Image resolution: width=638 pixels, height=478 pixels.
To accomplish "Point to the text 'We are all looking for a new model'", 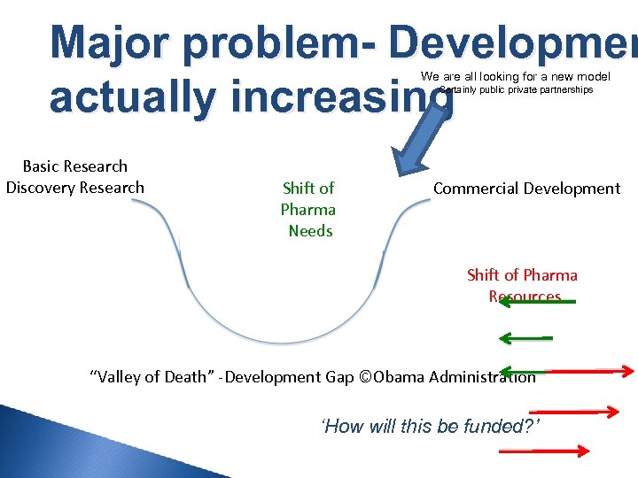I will [x=515, y=77].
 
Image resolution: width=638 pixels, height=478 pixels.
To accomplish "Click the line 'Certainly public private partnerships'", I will [x=517, y=90].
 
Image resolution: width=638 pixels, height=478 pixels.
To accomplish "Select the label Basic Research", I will [x=74, y=166].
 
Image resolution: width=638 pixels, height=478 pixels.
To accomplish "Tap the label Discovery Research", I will [x=74, y=188].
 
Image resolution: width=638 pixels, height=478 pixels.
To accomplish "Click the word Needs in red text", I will [x=310, y=231].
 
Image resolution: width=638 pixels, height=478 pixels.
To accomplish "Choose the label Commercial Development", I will [x=526, y=189].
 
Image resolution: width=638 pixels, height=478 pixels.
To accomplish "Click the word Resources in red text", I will [x=525, y=297].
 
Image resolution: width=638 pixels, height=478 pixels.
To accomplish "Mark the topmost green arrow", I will [x=537, y=303].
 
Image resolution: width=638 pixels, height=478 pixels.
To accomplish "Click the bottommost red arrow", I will [x=544, y=450].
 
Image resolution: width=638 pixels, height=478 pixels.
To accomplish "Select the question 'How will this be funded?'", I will [x=431, y=427].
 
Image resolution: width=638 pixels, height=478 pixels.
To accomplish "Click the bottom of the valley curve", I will [x=281, y=342].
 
